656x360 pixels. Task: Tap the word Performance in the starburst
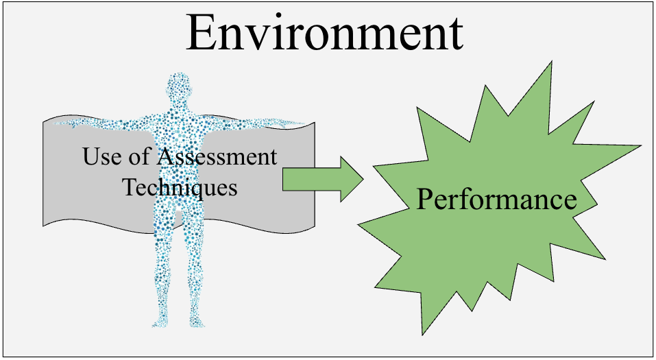(x=496, y=200)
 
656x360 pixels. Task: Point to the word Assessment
(x=217, y=157)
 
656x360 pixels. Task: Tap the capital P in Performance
(x=425, y=200)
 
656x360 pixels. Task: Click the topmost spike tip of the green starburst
(x=551, y=62)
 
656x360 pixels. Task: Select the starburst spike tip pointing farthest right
(x=640, y=145)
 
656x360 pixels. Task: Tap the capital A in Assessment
(x=165, y=157)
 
